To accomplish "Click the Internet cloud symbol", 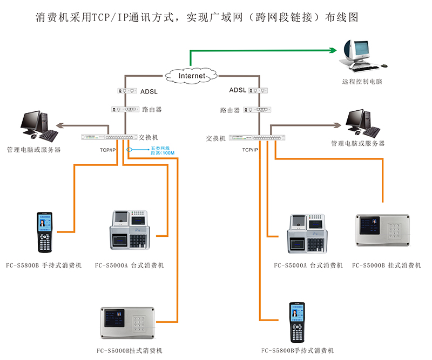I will click(x=192, y=76).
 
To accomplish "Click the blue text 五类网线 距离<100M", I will click(x=160, y=151).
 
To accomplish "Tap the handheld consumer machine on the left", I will click(x=45, y=232).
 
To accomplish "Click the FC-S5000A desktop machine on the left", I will click(x=130, y=230).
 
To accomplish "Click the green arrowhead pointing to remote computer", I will click(x=333, y=50).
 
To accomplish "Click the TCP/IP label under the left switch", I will click(x=107, y=149).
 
